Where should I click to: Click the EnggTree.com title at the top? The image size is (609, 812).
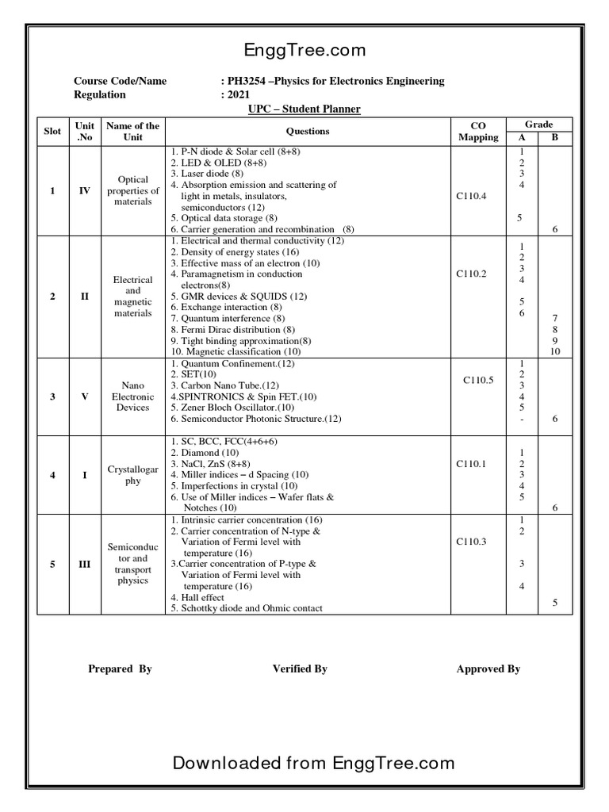304,51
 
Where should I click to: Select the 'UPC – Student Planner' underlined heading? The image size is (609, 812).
304,109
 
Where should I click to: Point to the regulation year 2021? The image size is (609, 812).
239,94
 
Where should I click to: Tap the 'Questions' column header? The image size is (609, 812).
307,131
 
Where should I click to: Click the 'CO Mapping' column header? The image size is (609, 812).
478,131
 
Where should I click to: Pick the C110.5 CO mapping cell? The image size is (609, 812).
478,380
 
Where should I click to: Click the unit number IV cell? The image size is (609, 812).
84,190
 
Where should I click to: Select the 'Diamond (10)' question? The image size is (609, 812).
209,451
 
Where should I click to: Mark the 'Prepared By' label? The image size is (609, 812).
120,668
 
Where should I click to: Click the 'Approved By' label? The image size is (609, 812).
488,668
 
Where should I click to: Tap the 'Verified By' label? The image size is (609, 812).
300,668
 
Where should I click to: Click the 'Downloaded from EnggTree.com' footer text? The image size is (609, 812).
313,763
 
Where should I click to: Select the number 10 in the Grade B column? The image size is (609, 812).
555,351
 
